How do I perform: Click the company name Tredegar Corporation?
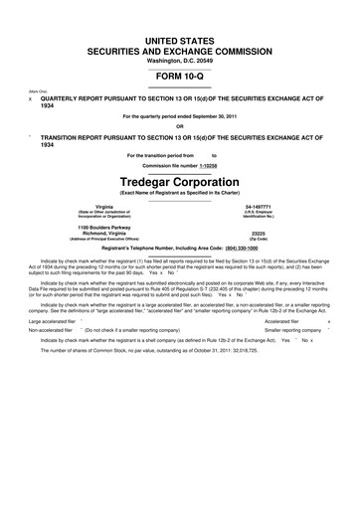[x=180, y=184]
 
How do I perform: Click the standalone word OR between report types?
[x=180, y=125]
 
